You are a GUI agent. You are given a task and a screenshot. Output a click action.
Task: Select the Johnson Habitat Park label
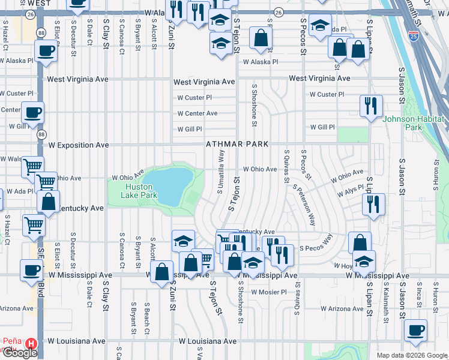pyautogui.click(x=414, y=122)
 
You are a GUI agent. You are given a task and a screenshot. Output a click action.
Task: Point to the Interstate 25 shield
pyautogui.click(x=414, y=35)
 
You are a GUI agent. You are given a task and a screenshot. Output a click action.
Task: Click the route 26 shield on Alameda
pyautogui.click(x=278, y=12)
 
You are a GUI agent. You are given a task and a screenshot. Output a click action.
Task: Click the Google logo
pyautogui.click(x=20, y=353)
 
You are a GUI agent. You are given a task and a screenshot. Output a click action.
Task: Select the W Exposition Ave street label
pyautogui.click(x=79, y=145)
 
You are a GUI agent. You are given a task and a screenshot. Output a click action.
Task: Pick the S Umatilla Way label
pyautogui.click(x=221, y=172)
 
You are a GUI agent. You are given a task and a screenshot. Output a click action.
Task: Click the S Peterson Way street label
pyautogui.click(x=304, y=204)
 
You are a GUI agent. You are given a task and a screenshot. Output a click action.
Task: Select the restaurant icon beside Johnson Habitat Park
pyautogui.click(x=371, y=106)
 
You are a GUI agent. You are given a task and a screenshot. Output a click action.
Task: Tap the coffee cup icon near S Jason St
pyautogui.click(x=415, y=330)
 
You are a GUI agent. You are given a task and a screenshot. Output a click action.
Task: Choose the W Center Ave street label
pyautogui.click(x=197, y=113)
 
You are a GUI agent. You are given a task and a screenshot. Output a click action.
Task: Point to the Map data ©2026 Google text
pyautogui.click(x=412, y=355)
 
